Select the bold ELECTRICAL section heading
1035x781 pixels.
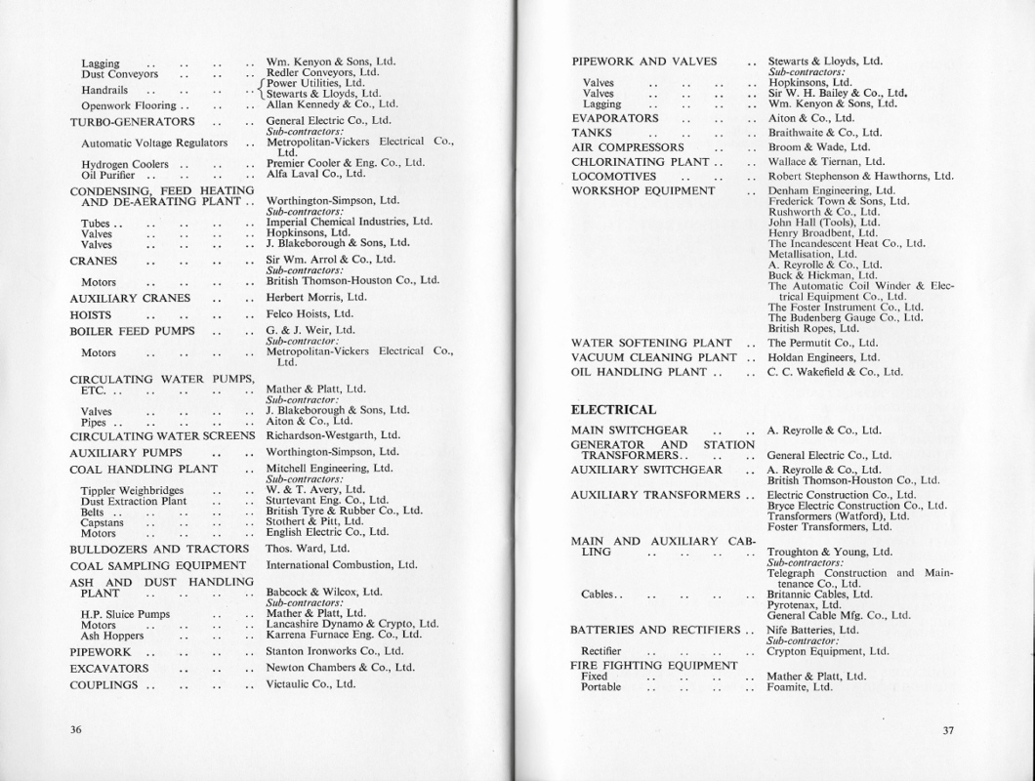[x=613, y=409]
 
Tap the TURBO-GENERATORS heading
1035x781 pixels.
[x=132, y=122]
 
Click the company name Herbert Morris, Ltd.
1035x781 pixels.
[x=316, y=297]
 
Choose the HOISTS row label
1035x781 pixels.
[x=91, y=315]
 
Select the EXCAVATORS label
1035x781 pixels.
[x=108, y=669]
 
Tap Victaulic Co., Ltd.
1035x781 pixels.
[x=310, y=684]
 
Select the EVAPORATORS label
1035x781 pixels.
[x=615, y=117]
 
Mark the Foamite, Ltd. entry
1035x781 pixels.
[x=800, y=686]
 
